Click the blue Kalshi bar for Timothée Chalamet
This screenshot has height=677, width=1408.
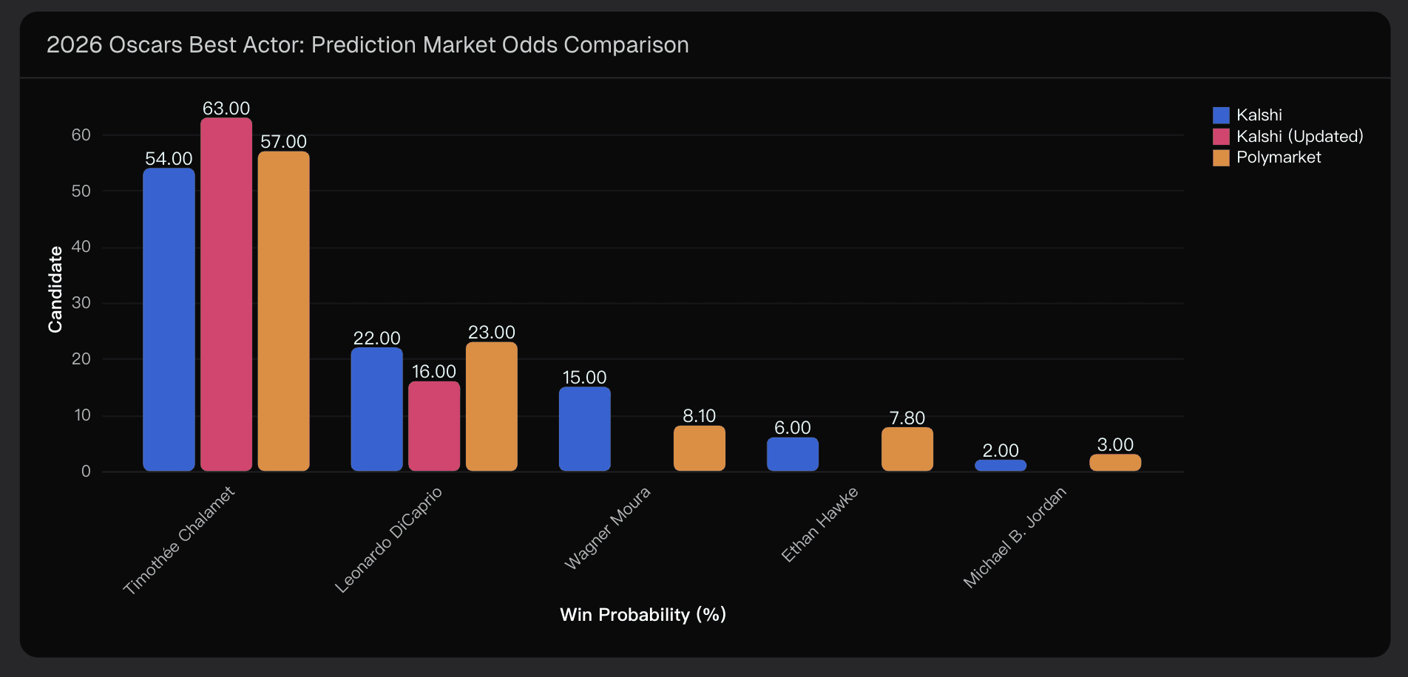pos(169,319)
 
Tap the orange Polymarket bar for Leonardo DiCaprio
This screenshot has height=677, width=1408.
pos(492,406)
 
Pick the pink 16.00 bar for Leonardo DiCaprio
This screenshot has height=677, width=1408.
pos(434,426)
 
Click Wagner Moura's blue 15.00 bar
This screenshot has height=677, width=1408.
pos(584,429)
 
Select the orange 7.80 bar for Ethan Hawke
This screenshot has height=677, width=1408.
pos(907,449)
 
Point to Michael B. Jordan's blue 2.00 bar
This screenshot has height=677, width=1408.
pos(1001,466)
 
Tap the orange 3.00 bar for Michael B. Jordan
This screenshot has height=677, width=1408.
pos(1115,463)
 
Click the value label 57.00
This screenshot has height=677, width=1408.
pos(283,142)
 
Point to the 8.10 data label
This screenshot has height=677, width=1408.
pos(699,416)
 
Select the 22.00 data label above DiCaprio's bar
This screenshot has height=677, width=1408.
pos(376,338)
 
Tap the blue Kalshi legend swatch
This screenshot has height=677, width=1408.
pos(1221,115)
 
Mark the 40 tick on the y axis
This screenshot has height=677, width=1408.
pos(81,247)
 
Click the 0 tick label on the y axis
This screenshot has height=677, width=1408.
pos(86,472)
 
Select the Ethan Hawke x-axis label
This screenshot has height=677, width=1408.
pos(820,524)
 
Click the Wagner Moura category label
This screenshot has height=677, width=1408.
pos(608,528)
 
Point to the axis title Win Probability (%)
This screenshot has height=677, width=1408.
pos(643,615)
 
